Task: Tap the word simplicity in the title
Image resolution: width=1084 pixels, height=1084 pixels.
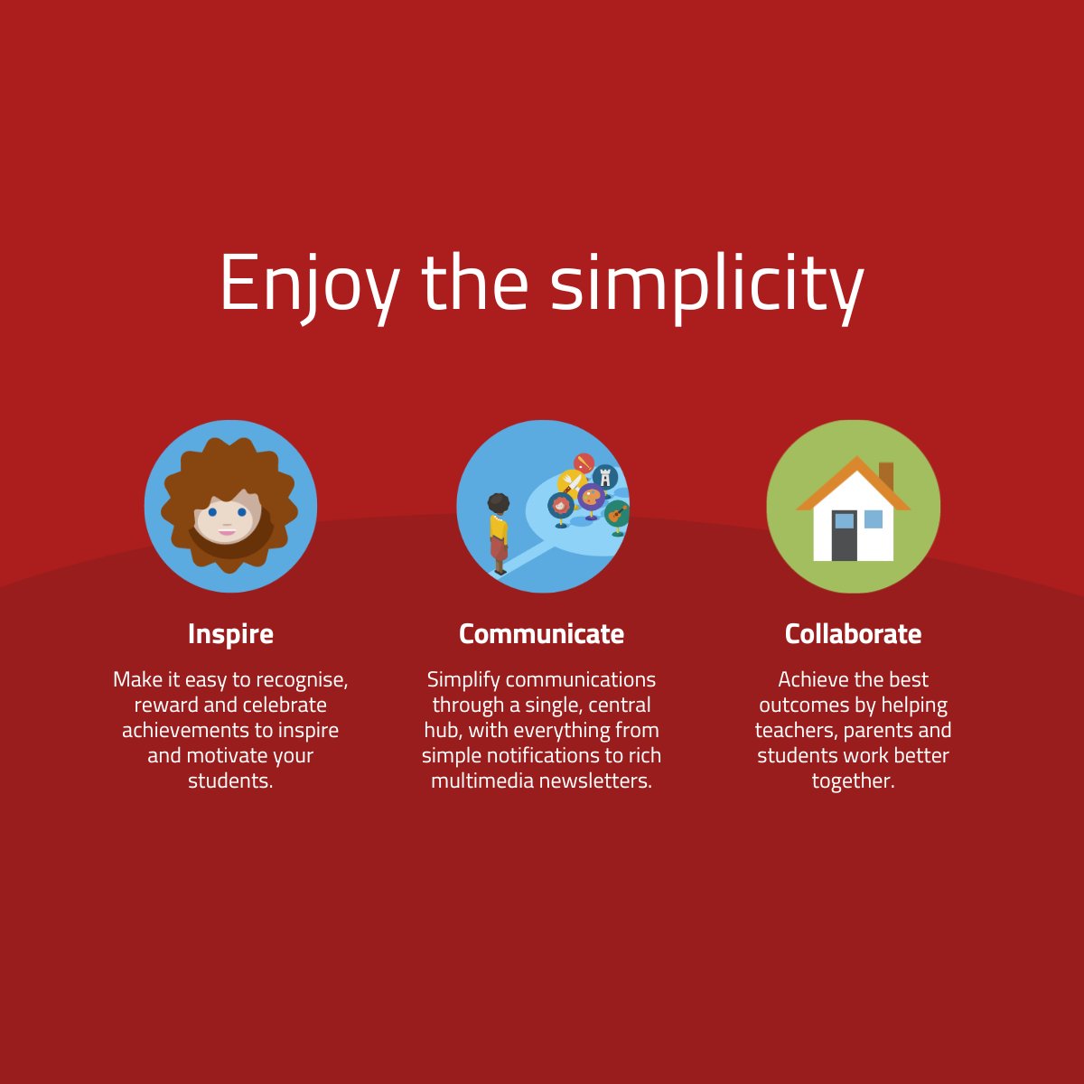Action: [x=706, y=285]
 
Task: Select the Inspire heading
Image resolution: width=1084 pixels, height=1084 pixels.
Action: [x=230, y=634]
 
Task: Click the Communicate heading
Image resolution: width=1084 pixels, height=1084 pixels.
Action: [x=541, y=634]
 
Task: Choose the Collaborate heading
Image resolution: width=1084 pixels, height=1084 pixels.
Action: [x=853, y=634]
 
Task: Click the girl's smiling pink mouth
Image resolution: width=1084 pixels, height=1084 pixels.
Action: [x=226, y=532]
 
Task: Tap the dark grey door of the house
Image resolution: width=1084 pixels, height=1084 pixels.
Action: [x=844, y=536]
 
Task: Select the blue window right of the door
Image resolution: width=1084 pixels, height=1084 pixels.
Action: [x=874, y=519]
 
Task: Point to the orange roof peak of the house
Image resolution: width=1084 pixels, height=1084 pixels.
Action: [x=854, y=463]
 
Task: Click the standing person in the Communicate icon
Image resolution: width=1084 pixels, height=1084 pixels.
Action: [x=498, y=533]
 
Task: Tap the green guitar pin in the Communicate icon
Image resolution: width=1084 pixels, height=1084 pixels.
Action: [x=617, y=516]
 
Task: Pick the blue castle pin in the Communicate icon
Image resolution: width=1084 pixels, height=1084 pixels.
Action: [x=604, y=477]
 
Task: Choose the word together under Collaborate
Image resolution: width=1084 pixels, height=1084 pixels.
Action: [x=853, y=781]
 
